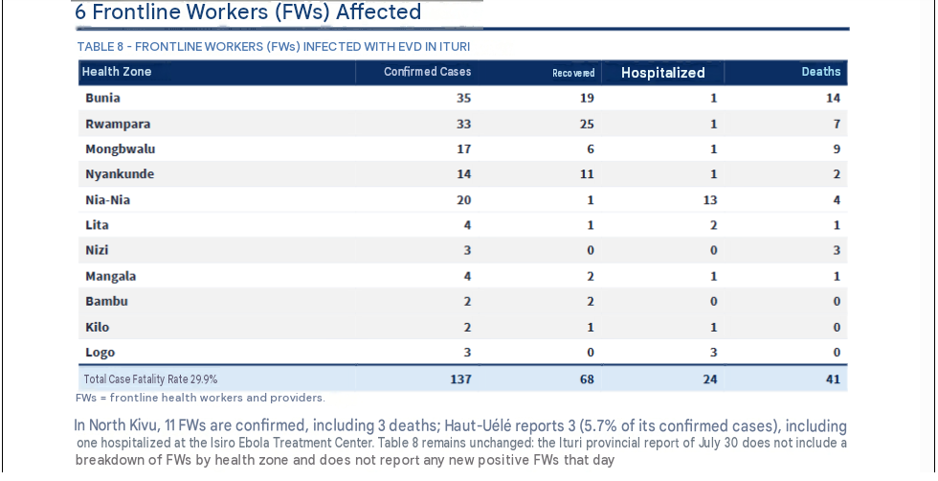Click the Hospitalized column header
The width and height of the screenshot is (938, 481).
[662, 73]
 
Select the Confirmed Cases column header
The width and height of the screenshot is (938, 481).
[427, 72]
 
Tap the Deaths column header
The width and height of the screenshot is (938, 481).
[821, 72]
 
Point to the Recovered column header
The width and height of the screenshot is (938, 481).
[573, 73]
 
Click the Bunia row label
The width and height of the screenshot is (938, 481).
[102, 98]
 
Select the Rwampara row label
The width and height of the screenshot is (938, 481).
[118, 124]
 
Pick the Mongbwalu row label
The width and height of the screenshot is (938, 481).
[121, 149]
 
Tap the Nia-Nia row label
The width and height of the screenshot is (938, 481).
[107, 200]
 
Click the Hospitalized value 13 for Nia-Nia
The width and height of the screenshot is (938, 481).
[709, 200]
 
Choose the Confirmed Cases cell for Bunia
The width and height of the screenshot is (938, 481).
[463, 98]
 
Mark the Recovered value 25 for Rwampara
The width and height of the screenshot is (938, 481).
[587, 124]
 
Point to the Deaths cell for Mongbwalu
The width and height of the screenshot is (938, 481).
[837, 149]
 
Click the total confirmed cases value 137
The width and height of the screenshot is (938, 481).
[460, 379]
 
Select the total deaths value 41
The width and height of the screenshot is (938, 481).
[833, 379]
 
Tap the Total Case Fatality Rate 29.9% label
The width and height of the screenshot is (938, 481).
[150, 379]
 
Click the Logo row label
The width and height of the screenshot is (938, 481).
[100, 353]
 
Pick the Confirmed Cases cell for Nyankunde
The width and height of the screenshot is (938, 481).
[463, 174]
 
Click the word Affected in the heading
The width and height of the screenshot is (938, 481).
[378, 11]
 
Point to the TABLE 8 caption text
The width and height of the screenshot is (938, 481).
[274, 47]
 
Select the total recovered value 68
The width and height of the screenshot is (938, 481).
[587, 379]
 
